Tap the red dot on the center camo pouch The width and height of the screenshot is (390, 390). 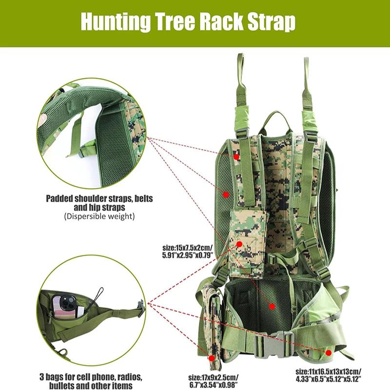tap(240, 243)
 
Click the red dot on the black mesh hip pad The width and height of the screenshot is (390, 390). tap(272, 306)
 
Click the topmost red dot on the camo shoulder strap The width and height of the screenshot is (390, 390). tap(236, 157)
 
